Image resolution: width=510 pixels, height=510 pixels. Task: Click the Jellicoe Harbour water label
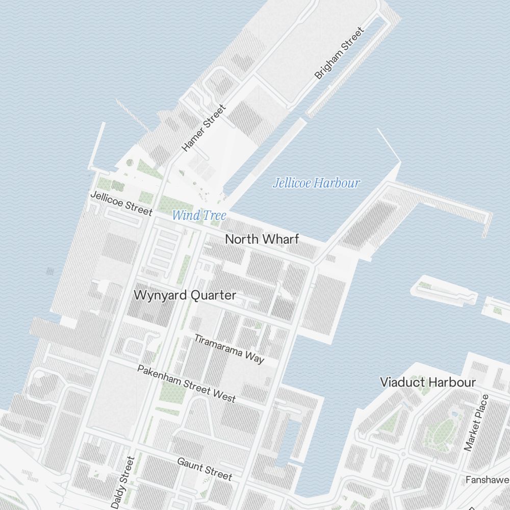point(316,183)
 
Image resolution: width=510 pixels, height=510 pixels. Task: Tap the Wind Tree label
point(198,215)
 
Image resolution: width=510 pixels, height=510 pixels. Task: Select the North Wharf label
point(262,239)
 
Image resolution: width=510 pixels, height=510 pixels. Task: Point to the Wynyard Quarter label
point(185,295)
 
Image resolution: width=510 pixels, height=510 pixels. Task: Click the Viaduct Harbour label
point(428,382)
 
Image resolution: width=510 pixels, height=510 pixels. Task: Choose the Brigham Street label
point(340,53)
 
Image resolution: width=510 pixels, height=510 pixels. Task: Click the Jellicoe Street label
point(121,203)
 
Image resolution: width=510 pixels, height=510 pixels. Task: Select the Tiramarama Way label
point(229,349)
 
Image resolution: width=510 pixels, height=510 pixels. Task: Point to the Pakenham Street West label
point(186,383)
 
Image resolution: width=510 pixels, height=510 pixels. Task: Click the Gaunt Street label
point(205,469)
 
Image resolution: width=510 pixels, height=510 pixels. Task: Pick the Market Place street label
point(476,423)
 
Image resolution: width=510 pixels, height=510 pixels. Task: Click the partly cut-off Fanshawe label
point(487,480)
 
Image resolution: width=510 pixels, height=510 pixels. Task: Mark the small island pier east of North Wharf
point(444,290)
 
